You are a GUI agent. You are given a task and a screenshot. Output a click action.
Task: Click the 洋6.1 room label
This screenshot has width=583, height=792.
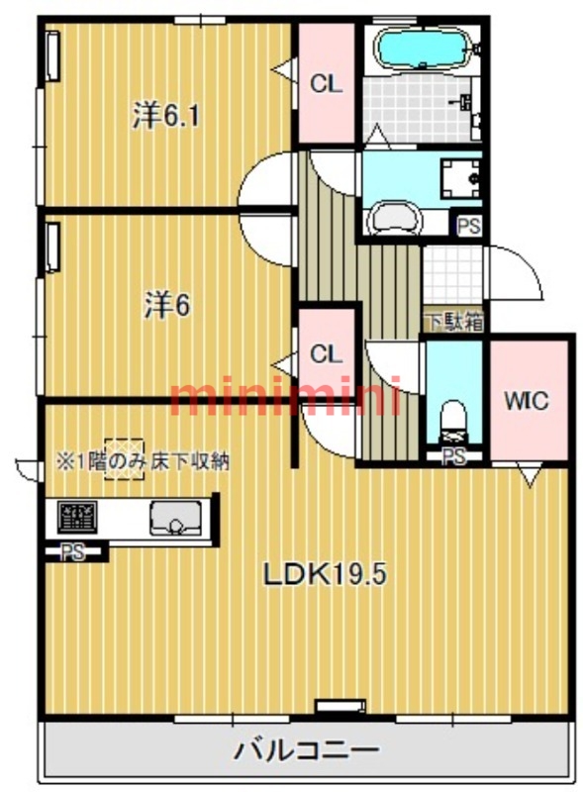(x=165, y=116)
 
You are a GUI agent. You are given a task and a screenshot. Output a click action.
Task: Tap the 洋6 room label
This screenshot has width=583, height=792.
(x=167, y=305)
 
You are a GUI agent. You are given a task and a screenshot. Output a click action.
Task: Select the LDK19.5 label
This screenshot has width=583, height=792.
(x=326, y=574)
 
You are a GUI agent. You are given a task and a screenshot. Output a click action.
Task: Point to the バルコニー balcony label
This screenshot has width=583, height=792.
(x=306, y=749)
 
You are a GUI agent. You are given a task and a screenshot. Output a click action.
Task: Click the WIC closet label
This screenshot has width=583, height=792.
(x=527, y=401)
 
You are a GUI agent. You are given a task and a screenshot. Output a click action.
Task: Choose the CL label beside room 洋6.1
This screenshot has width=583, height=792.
(x=326, y=84)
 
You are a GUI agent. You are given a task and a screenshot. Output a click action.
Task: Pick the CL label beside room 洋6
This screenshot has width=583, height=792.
(x=326, y=354)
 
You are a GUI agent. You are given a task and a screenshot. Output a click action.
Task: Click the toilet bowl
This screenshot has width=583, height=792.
(x=452, y=420)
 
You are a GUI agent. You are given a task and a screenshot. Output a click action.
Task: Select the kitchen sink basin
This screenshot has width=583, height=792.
(x=175, y=518)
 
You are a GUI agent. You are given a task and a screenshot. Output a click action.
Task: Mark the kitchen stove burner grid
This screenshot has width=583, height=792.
(x=77, y=517)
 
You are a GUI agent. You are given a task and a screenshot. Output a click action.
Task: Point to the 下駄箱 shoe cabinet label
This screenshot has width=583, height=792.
(x=454, y=322)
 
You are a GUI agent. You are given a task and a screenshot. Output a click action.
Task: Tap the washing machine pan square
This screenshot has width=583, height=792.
(x=460, y=179)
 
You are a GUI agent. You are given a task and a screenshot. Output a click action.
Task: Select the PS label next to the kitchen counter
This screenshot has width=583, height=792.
(x=72, y=552)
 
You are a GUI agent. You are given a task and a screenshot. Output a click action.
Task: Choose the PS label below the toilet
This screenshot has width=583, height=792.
(x=453, y=456)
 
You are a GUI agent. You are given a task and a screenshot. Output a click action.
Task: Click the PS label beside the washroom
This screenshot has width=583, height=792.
(x=468, y=226)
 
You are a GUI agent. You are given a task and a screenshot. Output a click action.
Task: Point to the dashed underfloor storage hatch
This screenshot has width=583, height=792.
(x=125, y=458)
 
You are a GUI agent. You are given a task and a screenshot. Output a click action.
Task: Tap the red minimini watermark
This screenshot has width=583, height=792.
(x=285, y=396)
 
